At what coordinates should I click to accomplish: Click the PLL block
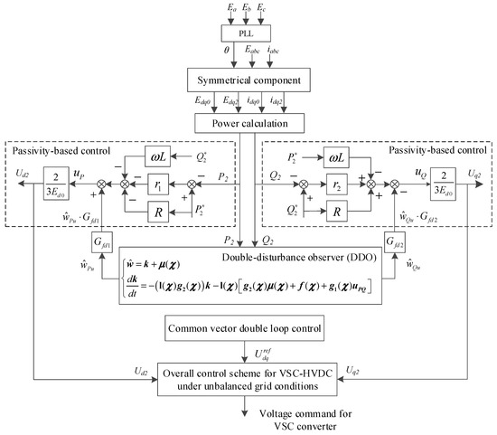[x=247, y=34]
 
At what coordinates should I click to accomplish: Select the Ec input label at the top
[x=262, y=8]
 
